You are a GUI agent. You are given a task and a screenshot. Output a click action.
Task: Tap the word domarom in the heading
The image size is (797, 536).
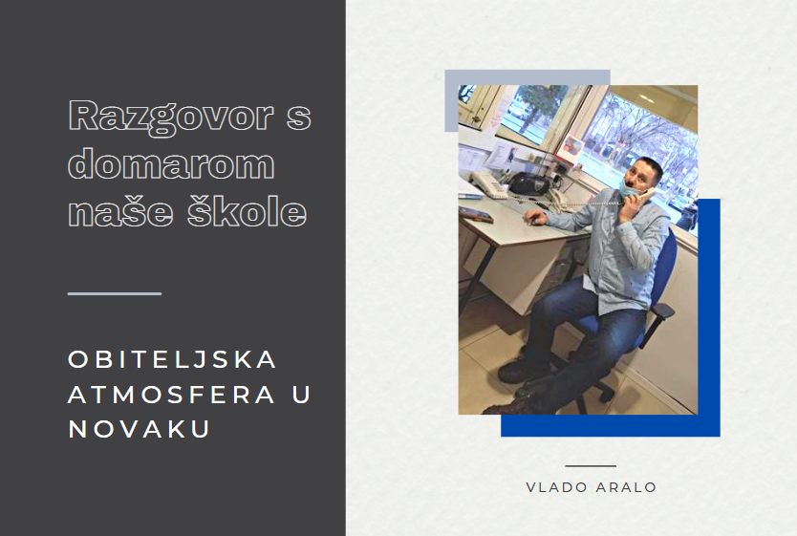coord(171,163)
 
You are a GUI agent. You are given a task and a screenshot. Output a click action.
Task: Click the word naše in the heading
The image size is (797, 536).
coord(121,212)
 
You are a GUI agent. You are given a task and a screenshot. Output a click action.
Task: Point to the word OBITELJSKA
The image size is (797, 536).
coord(172,359)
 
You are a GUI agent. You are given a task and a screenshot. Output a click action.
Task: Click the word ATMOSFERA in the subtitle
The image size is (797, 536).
coord(172,395)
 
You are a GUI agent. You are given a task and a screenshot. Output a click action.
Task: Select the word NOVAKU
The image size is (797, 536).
coord(139,429)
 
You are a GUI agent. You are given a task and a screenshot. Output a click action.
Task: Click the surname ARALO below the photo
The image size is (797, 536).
coord(626,487)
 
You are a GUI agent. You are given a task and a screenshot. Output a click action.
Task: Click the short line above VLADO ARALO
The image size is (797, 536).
coord(591,466)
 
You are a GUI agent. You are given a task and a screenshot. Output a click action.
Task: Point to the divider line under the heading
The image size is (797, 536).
coord(115,293)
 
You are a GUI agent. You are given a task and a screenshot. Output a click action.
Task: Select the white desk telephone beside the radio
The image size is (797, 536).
coord(487,183)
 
